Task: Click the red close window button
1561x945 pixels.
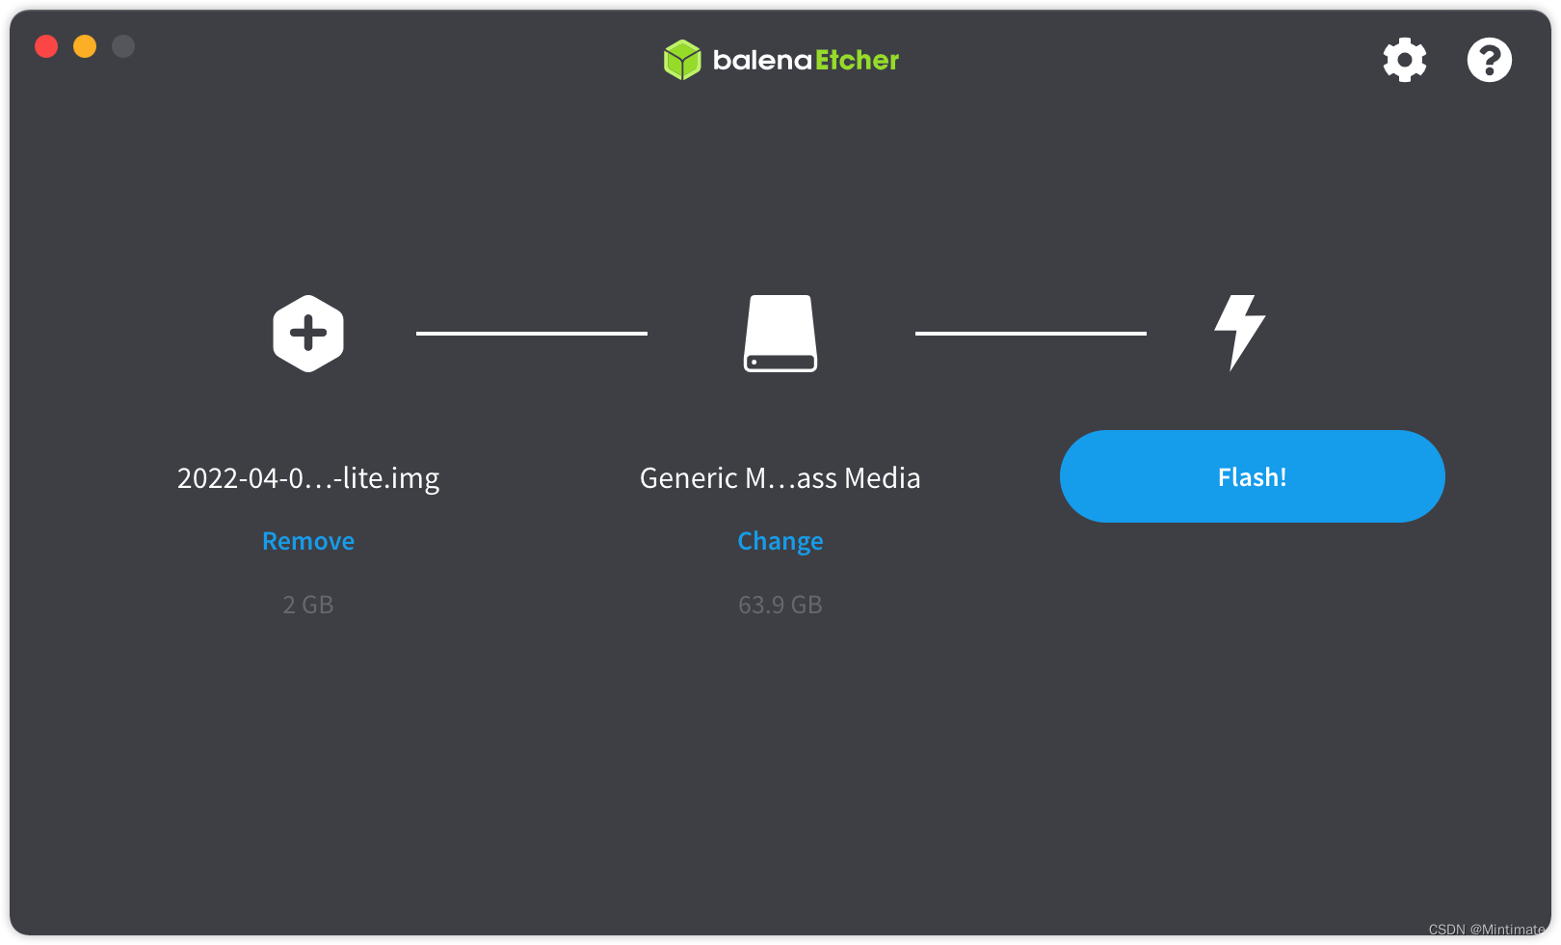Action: point(46,46)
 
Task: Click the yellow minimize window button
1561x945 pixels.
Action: point(85,46)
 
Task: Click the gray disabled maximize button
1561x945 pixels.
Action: point(123,46)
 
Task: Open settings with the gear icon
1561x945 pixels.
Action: point(1404,60)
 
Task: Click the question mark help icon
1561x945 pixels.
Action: point(1490,60)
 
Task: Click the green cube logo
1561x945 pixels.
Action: point(682,60)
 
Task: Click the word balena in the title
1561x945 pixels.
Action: point(762,61)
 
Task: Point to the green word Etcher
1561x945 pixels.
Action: point(858,61)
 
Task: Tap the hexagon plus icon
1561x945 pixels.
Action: point(308,334)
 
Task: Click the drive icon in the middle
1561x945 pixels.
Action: point(780,334)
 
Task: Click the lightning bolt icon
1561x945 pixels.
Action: point(1240,333)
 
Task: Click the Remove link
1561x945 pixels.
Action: point(308,541)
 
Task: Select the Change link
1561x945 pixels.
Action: point(780,541)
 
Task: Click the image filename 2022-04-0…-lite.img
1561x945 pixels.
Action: point(308,478)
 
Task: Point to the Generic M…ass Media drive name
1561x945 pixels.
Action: point(780,478)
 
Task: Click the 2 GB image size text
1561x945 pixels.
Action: point(308,605)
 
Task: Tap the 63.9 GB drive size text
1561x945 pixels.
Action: point(780,605)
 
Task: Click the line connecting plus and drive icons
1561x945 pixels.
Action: point(532,334)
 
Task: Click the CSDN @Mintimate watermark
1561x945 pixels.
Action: point(1487,929)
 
